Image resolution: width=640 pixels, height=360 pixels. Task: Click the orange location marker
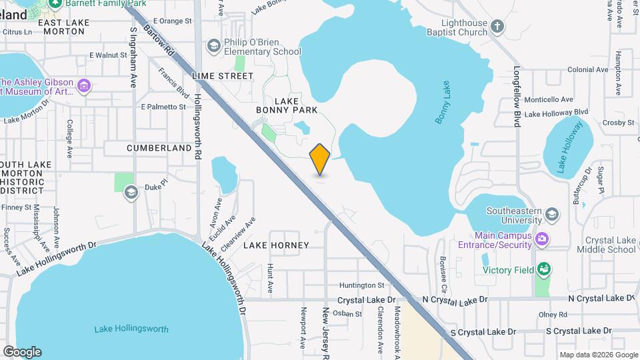[320, 159]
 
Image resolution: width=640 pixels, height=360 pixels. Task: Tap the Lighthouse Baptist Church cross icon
[497, 27]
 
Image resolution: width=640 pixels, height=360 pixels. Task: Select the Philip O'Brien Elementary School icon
[214, 45]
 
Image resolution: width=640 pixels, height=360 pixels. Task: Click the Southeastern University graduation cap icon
[551, 214]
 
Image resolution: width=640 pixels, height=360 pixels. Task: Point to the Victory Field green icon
[544, 269]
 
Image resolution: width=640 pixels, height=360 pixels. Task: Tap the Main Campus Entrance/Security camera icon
[543, 238]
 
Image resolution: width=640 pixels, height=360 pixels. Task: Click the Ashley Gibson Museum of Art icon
[84, 85]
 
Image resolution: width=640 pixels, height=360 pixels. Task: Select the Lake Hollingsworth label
[131, 329]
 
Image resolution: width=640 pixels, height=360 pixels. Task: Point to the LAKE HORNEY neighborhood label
[276, 245]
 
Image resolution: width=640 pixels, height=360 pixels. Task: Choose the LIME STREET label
[223, 76]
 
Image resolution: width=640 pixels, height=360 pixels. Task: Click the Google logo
[22, 351]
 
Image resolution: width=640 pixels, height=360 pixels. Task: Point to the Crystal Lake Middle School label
[609, 245]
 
